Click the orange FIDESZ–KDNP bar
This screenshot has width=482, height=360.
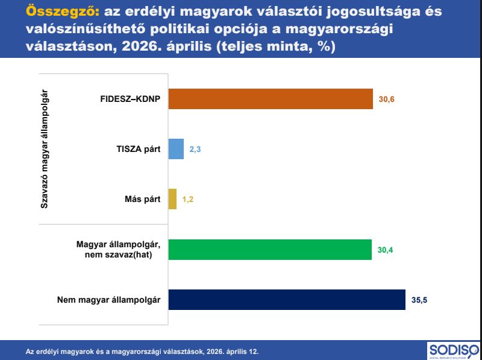(271, 99)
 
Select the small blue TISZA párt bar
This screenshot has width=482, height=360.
(176, 149)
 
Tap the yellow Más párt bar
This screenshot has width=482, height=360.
(172, 199)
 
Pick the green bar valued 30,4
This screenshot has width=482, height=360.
(270, 250)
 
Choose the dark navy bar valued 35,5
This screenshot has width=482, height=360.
(287, 300)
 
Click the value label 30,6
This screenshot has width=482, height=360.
(386, 99)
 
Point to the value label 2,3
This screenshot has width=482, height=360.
(195, 150)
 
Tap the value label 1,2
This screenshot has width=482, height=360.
(188, 200)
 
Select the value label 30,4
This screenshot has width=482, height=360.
(385, 250)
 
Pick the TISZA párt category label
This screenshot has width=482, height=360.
(139, 150)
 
